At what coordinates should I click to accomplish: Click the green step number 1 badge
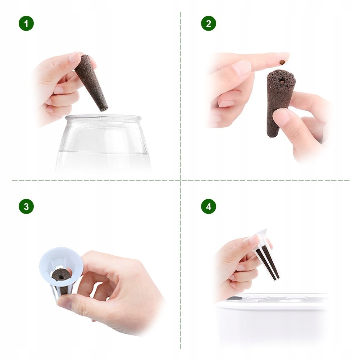(x=26, y=23)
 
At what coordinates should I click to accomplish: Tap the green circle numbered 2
(x=209, y=23)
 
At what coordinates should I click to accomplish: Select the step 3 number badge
(x=26, y=206)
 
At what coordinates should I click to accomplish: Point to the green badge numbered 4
(x=209, y=206)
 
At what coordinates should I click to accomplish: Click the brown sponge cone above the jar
(x=91, y=82)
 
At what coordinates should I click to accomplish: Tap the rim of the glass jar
(x=103, y=118)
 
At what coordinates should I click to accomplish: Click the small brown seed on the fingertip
(x=282, y=62)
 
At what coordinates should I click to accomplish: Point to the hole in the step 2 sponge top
(x=282, y=81)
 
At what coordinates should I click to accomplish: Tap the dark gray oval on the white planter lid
(x=234, y=299)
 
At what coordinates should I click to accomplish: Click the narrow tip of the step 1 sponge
(x=104, y=109)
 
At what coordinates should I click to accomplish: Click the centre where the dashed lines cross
(x=181, y=180)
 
